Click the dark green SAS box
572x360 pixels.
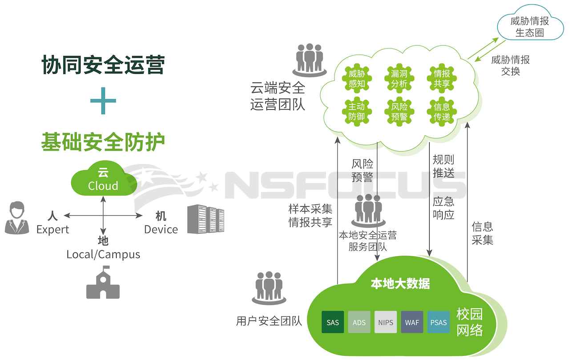tap(333, 322)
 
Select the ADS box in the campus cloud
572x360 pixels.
tap(359, 322)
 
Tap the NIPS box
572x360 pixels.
tap(386, 322)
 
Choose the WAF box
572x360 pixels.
tap(412, 322)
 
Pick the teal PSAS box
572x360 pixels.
tap(439, 322)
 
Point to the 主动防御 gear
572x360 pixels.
tap(356, 112)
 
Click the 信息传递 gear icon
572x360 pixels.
tap(442, 112)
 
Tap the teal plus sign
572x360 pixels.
tap(103, 101)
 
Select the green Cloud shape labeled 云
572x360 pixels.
tap(103, 180)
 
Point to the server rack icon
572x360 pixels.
tap(205, 219)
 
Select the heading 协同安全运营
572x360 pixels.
tap(103, 65)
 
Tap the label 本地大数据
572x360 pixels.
tap(400, 284)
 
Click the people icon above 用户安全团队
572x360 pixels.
tap(269, 287)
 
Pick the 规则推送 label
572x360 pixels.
tap(443, 166)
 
